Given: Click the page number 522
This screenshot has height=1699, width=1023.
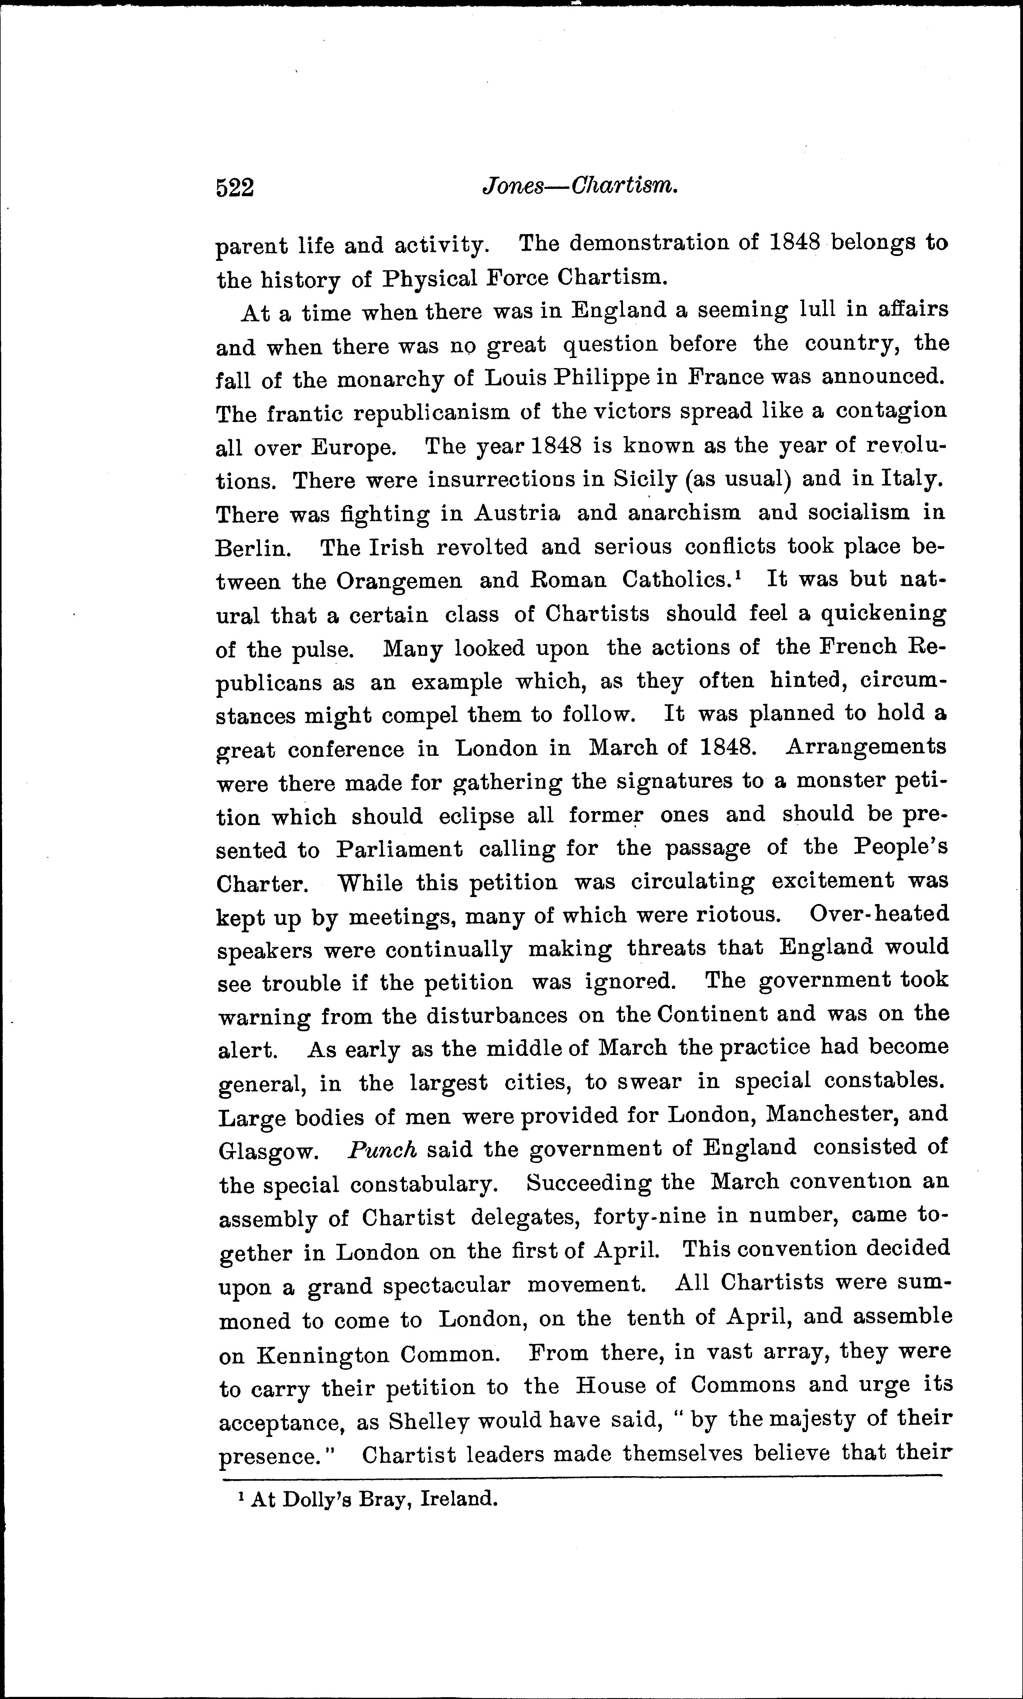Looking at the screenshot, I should [x=235, y=187].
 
